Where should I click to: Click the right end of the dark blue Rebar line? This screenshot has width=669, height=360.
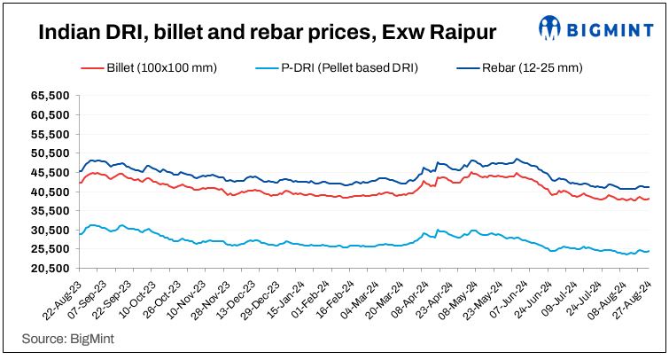pyautogui.click(x=650, y=187)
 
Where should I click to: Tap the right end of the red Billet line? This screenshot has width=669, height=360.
pyautogui.click(x=650, y=199)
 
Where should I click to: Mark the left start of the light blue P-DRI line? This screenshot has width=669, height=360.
pyautogui.click(x=80, y=234)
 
